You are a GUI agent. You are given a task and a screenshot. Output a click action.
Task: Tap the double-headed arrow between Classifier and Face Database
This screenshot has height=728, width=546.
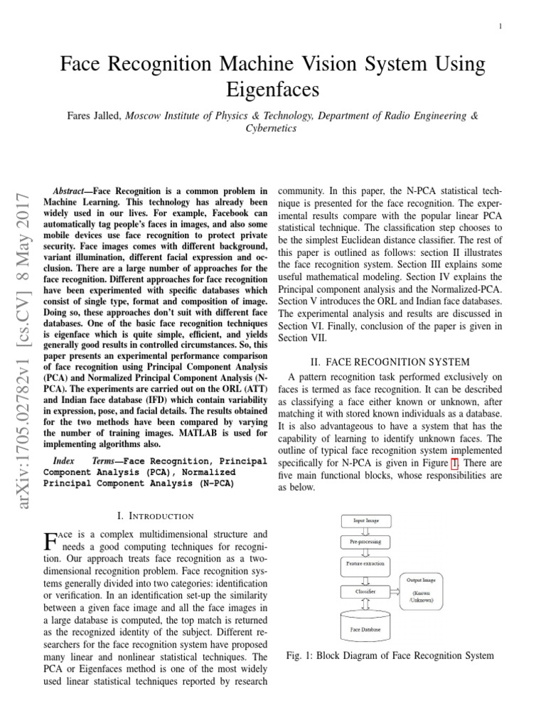(x=365, y=604)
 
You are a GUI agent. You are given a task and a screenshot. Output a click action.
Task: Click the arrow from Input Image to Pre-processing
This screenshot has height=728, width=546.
(x=365, y=531)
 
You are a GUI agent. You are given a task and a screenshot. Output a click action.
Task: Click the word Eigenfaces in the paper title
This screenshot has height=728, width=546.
(x=273, y=90)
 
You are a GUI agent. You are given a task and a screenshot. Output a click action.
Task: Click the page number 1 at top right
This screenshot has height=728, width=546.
(x=500, y=26)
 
